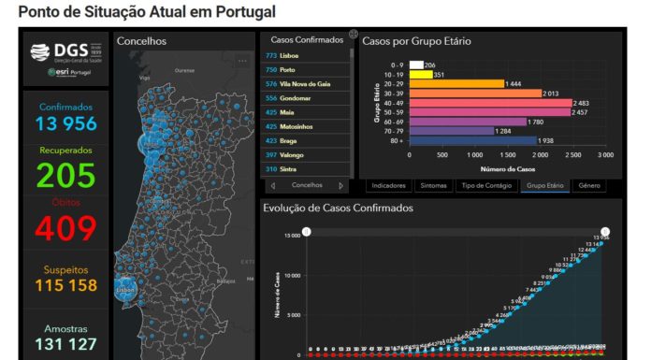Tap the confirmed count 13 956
tap(66, 123)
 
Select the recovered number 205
tap(66, 175)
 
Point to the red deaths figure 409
tap(66, 228)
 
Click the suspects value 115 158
tap(66, 285)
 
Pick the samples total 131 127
tap(66, 344)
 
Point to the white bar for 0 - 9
tap(415, 65)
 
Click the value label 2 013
tap(556, 94)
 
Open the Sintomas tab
tap(433, 185)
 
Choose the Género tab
tap(588, 185)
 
